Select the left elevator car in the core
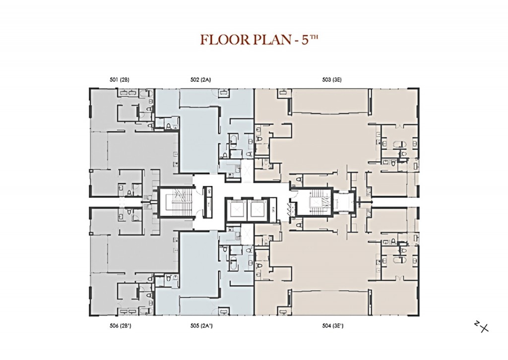pyautogui.click(x=235, y=208)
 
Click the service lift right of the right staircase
pyautogui.click(x=342, y=202)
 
